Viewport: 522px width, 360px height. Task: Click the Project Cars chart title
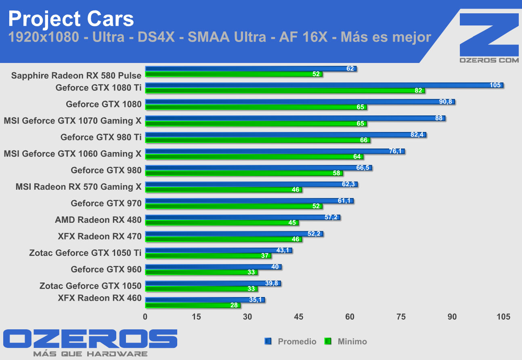[x=71, y=19]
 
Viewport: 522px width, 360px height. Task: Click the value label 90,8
[x=447, y=102]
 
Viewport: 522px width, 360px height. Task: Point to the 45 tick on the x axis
[x=298, y=317]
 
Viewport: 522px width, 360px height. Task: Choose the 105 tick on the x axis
[x=503, y=317]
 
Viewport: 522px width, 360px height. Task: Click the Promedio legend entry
[x=296, y=341]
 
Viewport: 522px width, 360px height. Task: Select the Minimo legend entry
[x=351, y=341]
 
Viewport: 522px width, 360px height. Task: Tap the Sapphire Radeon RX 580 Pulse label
[x=76, y=75]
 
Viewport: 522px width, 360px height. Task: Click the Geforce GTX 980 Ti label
[x=101, y=137]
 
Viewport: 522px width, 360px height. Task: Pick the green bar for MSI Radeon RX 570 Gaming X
[x=223, y=190]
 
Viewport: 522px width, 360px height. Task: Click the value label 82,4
[x=417, y=135]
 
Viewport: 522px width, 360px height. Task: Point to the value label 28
[x=234, y=306]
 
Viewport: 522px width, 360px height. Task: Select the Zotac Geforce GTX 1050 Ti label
[x=85, y=253]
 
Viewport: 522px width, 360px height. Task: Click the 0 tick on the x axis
[x=145, y=317]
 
